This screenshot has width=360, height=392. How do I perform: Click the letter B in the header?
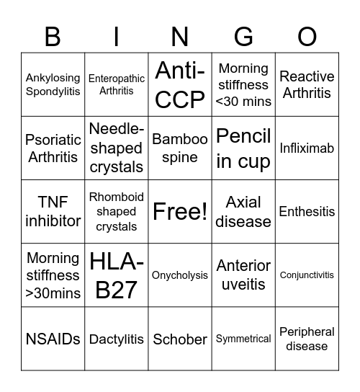53,35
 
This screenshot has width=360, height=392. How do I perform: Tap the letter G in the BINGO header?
243,35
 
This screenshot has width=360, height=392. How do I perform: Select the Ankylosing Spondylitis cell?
53,84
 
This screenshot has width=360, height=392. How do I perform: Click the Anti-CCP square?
180,84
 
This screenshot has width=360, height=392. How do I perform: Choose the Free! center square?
180,212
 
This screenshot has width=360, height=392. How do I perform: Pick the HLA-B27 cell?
117,275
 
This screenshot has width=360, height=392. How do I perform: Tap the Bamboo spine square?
180,148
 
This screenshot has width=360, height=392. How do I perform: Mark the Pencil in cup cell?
243,148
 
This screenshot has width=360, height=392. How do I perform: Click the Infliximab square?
307,148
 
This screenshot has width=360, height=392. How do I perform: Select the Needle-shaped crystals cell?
117,148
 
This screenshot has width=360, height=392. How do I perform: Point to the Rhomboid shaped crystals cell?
117,212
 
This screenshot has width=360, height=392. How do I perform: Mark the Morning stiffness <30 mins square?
243,84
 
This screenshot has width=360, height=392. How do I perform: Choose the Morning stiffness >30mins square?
53,275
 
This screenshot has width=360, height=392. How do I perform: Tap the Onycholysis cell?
180,275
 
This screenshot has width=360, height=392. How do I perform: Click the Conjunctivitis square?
307,275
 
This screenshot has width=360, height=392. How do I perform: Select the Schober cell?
180,339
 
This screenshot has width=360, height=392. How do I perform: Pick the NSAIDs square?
53,339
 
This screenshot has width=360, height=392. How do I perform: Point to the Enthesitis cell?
307,212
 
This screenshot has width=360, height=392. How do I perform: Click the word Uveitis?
243,285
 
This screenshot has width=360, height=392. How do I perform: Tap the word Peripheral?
307,331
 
